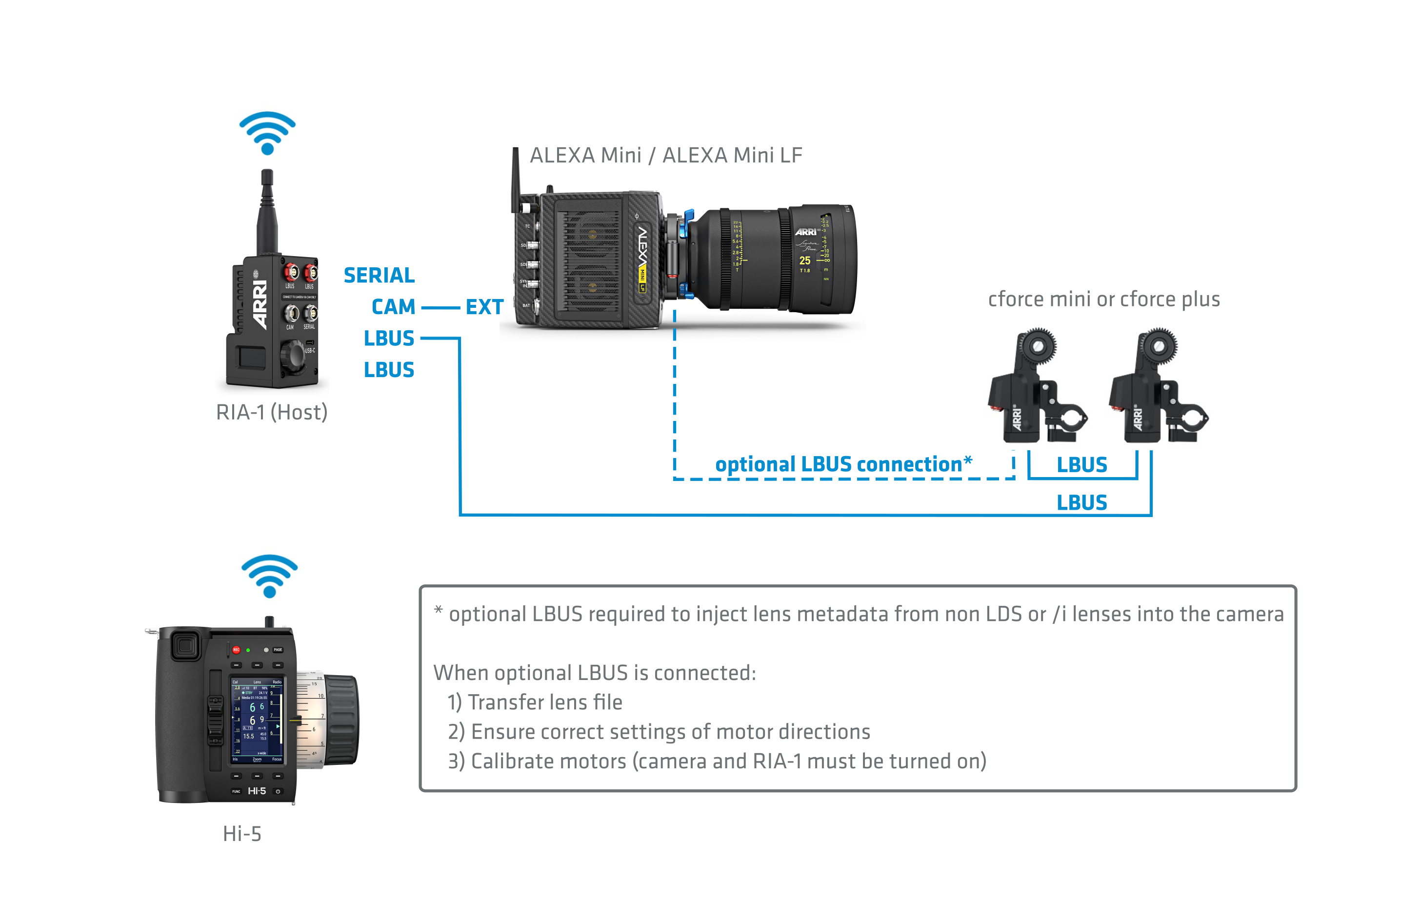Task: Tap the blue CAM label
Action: pyautogui.click(x=393, y=307)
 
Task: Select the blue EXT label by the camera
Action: pyautogui.click(x=484, y=307)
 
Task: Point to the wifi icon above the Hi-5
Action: pyautogui.click(x=269, y=576)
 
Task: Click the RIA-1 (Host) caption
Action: pyautogui.click(x=272, y=412)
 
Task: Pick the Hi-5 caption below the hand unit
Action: pyautogui.click(x=242, y=833)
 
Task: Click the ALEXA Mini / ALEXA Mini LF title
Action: pyautogui.click(x=666, y=156)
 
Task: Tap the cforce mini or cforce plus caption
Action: pyautogui.click(x=1103, y=299)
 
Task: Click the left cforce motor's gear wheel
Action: pyautogui.click(x=1037, y=346)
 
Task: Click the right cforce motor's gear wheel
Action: pyautogui.click(x=1158, y=346)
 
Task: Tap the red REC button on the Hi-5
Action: pyautogui.click(x=236, y=649)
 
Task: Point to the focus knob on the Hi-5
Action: pyautogui.click(x=342, y=720)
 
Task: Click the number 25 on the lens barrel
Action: pyautogui.click(x=805, y=260)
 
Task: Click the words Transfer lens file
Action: pyautogui.click(x=545, y=702)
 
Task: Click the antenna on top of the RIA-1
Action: pyautogui.click(x=267, y=210)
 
